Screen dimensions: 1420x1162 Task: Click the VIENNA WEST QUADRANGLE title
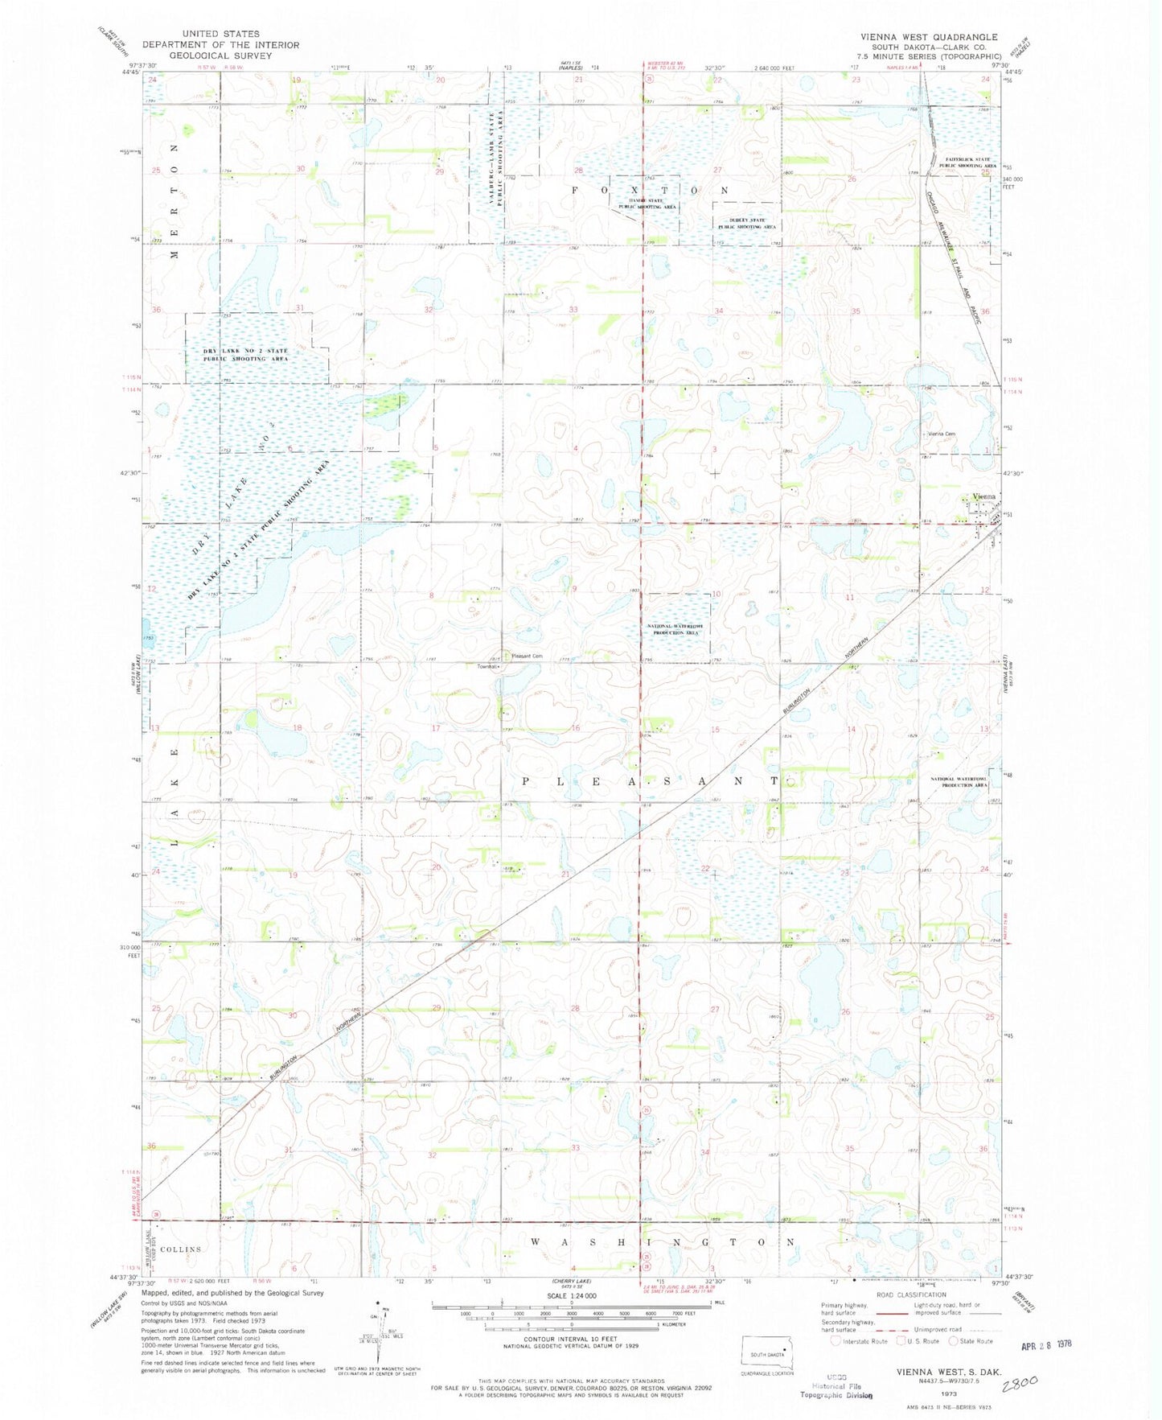click(x=928, y=37)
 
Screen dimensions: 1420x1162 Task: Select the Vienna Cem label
click(x=942, y=434)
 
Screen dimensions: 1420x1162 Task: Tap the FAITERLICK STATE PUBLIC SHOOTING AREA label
click(x=971, y=163)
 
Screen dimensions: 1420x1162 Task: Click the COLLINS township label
click(x=180, y=1249)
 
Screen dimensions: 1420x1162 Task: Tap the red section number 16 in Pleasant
click(x=576, y=729)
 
